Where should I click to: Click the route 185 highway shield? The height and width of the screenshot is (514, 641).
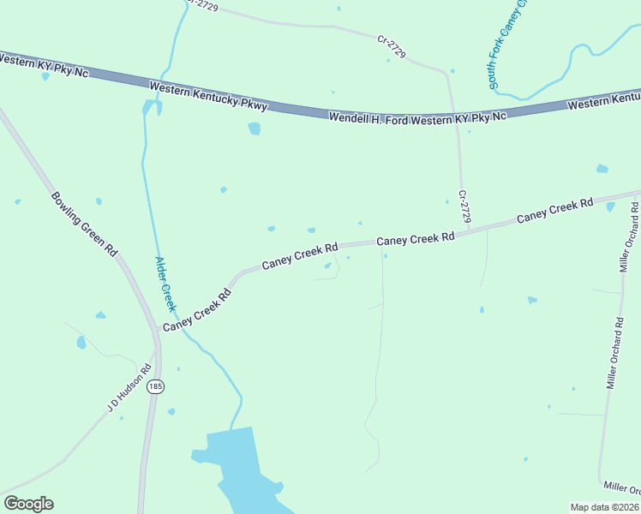pos(154,387)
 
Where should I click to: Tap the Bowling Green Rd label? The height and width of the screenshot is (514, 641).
pos(83,224)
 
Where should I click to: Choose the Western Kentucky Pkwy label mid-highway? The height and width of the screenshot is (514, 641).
pos(208,97)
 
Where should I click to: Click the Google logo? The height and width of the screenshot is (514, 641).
pos(28,504)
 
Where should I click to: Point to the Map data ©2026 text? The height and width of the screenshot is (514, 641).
pos(604,507)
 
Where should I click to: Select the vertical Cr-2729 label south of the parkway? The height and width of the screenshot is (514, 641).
pos(464,206)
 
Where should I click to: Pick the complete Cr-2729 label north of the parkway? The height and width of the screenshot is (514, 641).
pos(391,46)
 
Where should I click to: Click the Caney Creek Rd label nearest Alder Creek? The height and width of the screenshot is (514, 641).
pos(198,310)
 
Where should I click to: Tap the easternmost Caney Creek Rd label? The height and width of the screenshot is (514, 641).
pos(555,211)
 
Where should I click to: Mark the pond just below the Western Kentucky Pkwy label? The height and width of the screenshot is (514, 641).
pos(254,128)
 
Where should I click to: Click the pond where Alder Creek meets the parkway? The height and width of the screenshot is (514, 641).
pos(153,106)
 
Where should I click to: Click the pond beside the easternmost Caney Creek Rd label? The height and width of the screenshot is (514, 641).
pos(610,206)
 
